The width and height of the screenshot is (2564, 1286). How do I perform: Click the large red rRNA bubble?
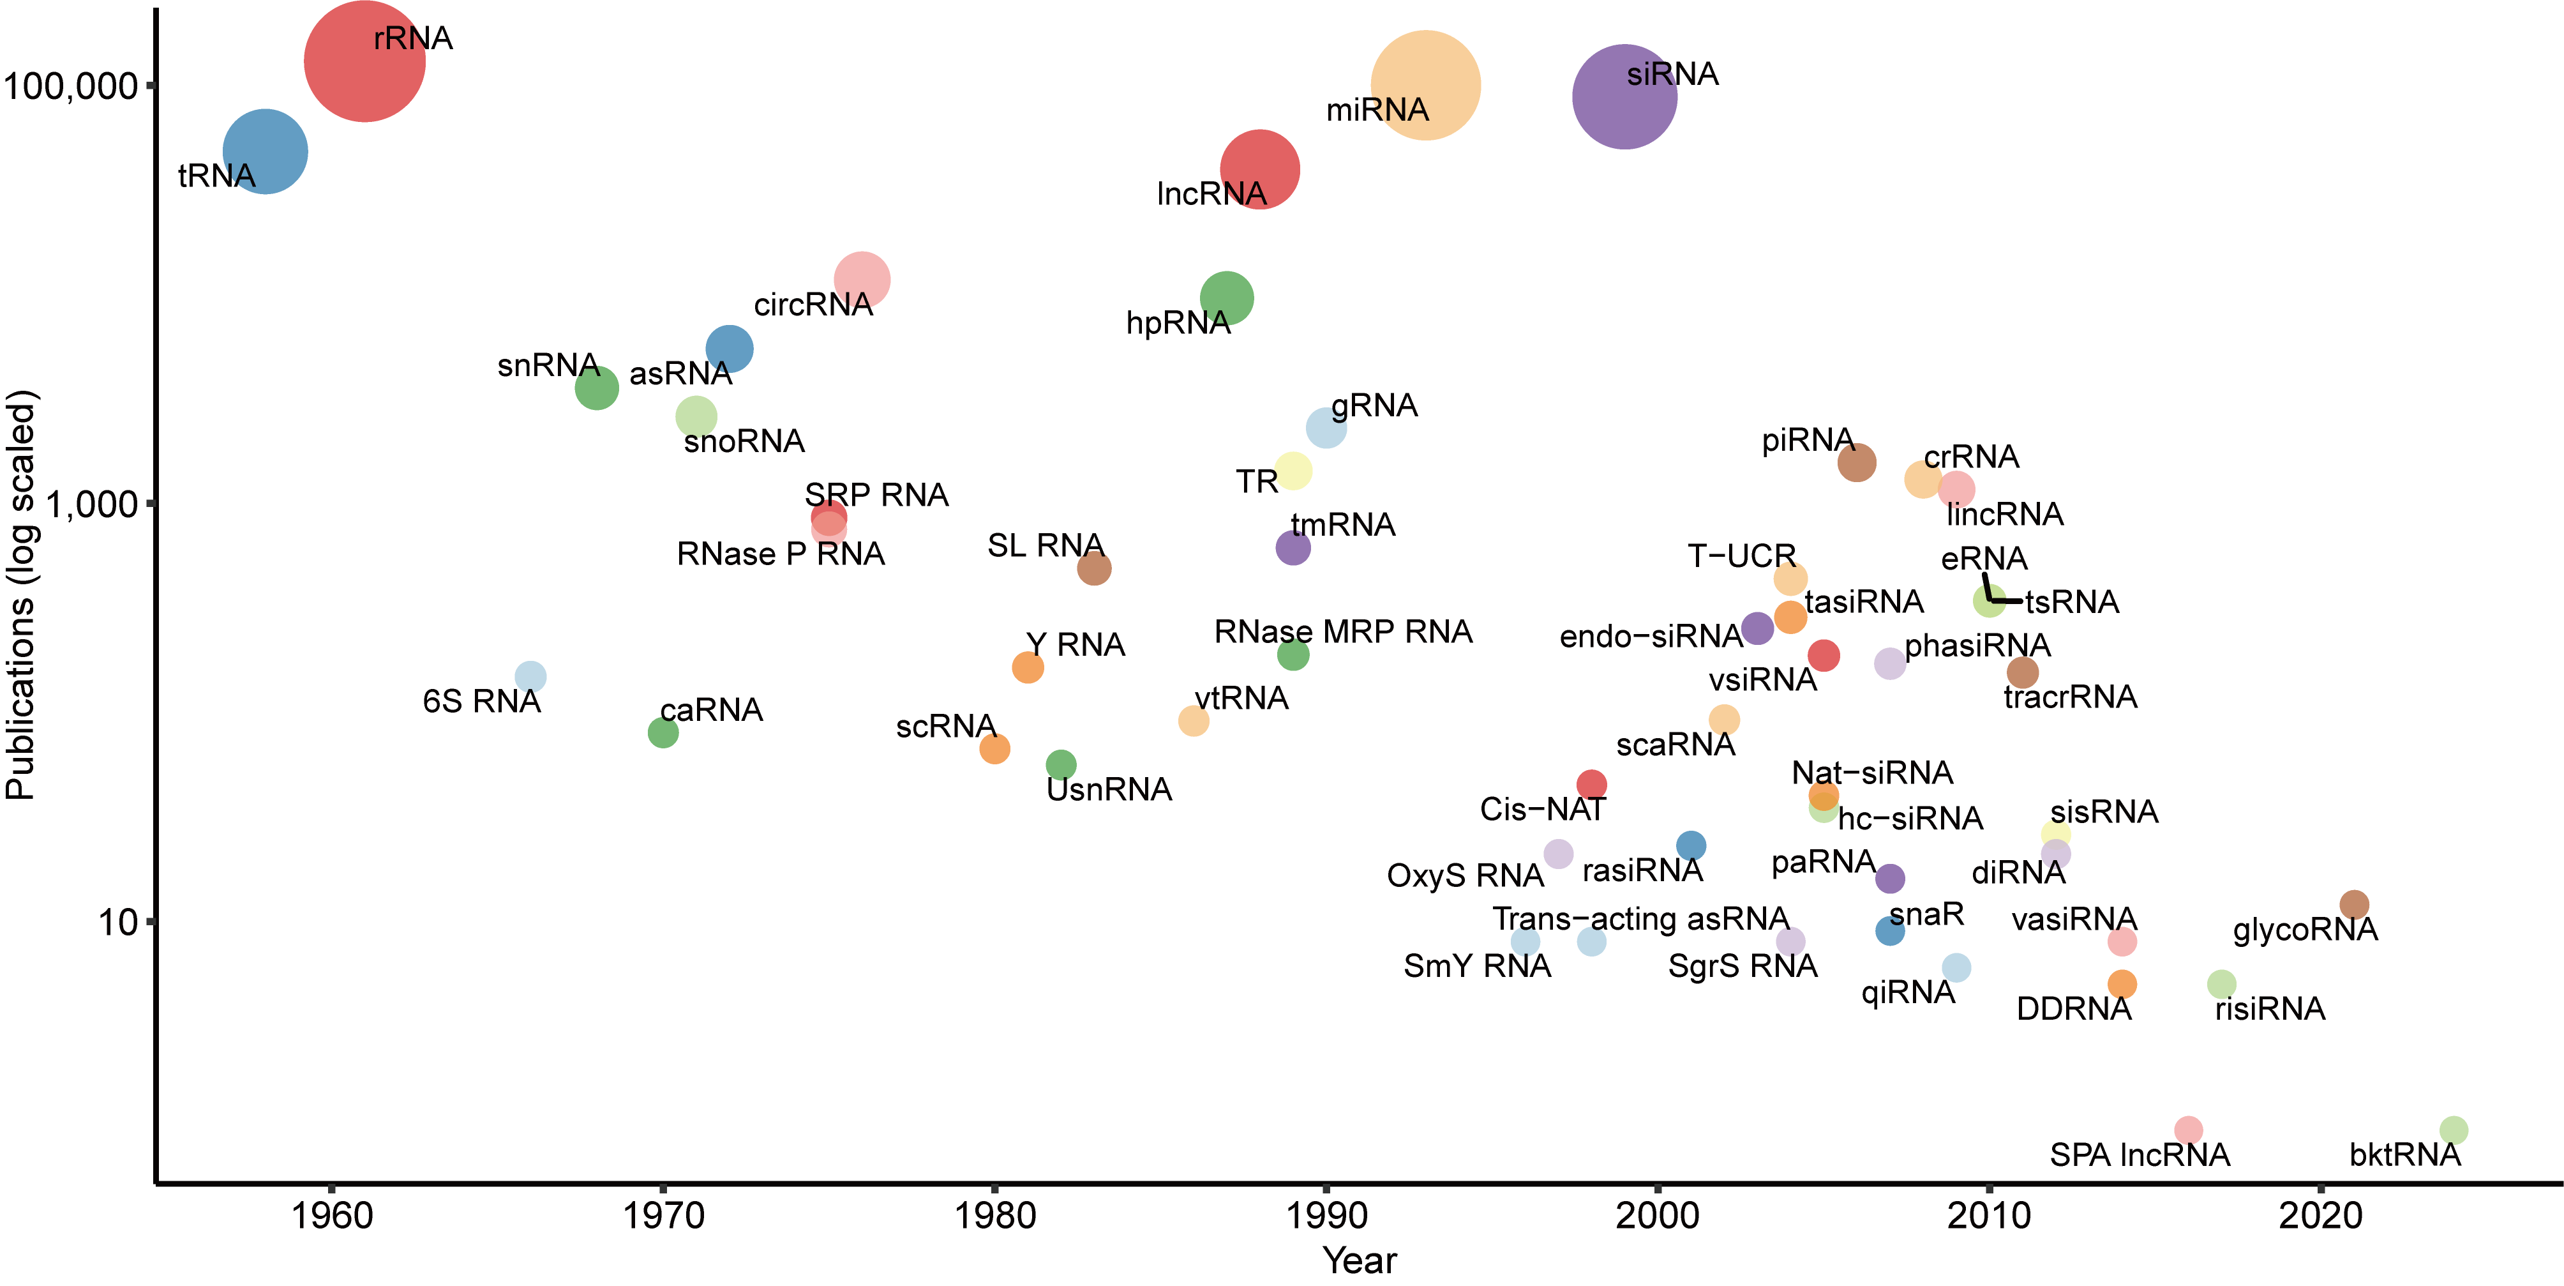364,62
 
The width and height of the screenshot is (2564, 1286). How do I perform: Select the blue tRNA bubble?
265,151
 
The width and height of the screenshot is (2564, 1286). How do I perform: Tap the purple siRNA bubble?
1624,96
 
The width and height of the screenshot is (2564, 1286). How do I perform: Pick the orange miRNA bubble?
1425,86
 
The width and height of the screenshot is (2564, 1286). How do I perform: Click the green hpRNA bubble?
1226,298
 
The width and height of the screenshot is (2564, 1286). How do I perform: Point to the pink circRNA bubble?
862,280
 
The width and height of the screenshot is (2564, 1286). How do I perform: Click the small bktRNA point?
2454,1130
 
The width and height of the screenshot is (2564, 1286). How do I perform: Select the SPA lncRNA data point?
2188,1130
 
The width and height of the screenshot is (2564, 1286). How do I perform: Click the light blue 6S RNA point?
530,677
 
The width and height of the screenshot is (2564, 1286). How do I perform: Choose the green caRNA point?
663,732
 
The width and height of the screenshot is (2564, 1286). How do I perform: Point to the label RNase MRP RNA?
1343,631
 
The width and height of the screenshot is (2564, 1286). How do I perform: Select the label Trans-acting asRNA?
1639,918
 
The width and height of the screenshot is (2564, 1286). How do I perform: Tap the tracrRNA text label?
2071,697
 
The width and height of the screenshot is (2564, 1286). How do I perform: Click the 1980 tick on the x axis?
994,1214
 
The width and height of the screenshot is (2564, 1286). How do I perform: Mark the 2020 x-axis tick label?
2320,1214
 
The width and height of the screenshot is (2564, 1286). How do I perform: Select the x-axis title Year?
1360,1260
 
